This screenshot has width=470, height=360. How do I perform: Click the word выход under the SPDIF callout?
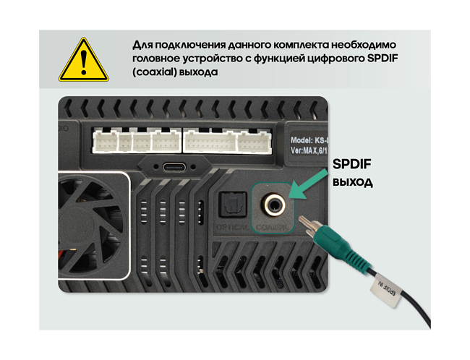[352, 181]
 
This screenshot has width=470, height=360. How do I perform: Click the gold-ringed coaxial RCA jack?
[273, 204]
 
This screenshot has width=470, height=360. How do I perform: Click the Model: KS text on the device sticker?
[309, 140]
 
